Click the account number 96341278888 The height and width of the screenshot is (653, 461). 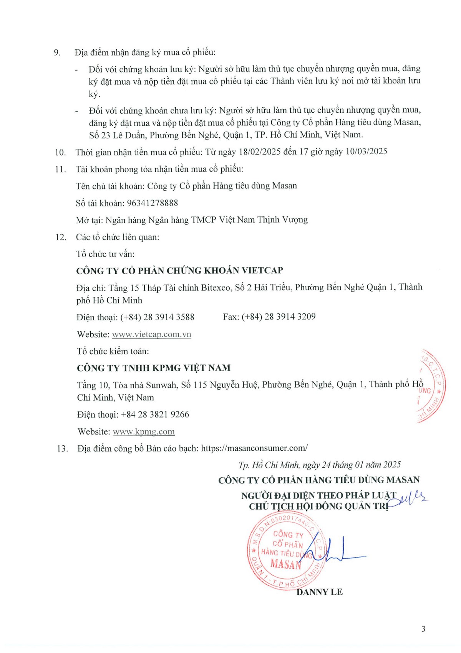(152, 203)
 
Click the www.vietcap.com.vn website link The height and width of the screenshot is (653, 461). (151, 334)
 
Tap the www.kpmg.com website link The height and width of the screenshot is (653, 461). (143, 431)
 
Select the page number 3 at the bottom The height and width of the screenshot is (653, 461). (423, 629)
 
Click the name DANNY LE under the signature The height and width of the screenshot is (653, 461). (319, 592)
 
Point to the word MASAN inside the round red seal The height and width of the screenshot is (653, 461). (286, 564)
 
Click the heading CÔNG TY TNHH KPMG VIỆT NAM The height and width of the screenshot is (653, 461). (154, 368)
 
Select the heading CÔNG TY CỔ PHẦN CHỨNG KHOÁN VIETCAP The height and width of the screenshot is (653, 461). (179, 271)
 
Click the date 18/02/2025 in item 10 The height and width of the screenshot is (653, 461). (260, 152)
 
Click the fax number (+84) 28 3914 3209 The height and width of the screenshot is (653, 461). (279, 317)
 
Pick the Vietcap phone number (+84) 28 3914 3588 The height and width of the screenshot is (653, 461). (157, 317)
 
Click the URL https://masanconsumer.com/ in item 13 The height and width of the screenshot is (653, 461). (254, 448)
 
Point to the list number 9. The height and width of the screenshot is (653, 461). (57, 53)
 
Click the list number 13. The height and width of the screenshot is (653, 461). (62, 449)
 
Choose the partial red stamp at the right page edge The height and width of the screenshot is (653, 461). (432, 386)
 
